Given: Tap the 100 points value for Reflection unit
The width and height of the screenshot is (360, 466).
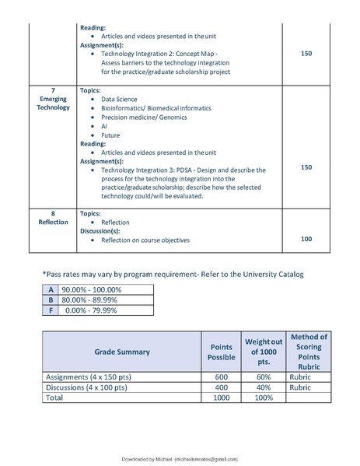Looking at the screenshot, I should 306,239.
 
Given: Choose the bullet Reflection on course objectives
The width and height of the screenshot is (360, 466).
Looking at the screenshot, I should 145,240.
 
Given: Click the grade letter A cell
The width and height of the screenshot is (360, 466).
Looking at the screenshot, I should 51,289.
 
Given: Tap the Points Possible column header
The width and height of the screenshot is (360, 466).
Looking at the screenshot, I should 220,352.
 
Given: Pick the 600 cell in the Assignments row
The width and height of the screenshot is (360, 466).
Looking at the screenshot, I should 220,377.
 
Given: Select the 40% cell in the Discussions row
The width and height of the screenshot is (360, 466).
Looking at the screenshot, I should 264,387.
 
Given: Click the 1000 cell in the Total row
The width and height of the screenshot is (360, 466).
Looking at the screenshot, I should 220,397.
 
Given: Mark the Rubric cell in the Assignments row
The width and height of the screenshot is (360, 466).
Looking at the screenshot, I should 300,377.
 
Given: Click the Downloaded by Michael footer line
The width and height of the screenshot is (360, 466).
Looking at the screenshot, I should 180,460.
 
